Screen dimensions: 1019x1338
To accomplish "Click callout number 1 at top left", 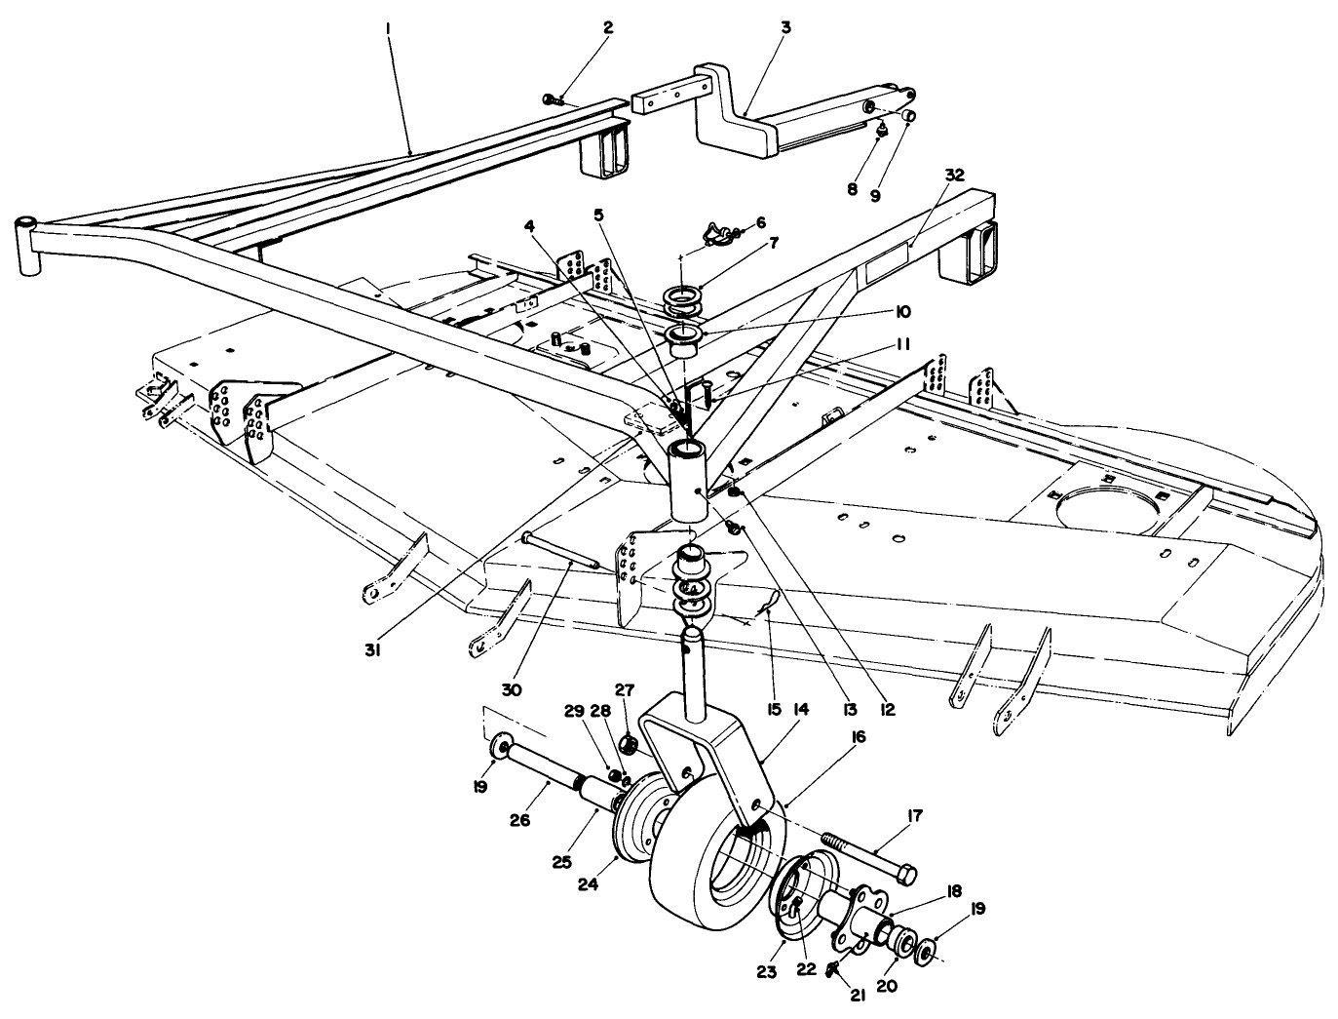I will [x=388, y=30].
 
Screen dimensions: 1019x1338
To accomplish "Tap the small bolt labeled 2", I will [x=554, y=98].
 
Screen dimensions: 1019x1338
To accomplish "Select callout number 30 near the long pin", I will [x=513, y=689].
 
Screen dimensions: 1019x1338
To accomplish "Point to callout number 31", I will [x=371, y=648].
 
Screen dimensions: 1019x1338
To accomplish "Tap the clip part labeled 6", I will [x=718, y=232].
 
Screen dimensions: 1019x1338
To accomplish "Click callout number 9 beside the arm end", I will [x=874, y=195].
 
